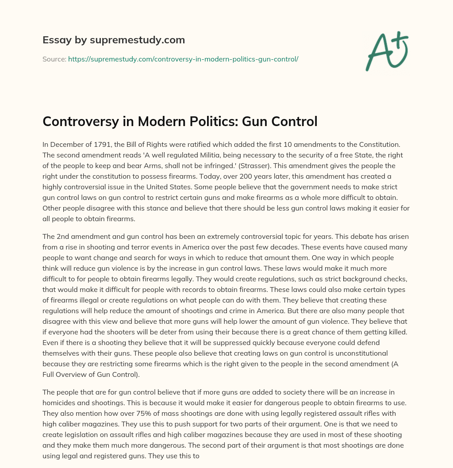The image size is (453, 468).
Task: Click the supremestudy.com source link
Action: pyautogui.click(x=183, y=59)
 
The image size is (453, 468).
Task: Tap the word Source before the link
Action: pyautogui.click(x=54, y=59)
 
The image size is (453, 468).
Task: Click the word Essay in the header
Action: pyautogui.click(x=55, y=40)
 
